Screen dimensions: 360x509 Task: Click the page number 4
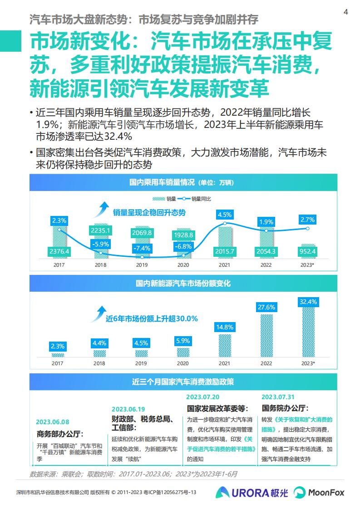tap(346, 12)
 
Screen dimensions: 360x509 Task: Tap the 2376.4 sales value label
tap(59, 252)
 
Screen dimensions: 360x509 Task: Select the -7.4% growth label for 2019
tap(142, 248)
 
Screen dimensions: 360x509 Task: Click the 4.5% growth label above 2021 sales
tap(225, 215)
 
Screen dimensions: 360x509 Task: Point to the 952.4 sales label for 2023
tap(307, 252)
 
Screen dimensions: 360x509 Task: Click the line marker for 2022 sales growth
tap(266, 230)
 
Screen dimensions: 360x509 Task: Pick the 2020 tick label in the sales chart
tap(183, 265)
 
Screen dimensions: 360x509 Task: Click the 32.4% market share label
tap(308, 302)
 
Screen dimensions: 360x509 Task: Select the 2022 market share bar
tap(266, 335)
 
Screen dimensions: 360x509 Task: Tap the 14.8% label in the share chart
tap(225, 327)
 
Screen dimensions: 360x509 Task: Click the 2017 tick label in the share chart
tap(58, 363)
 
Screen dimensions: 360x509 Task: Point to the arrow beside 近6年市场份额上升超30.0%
tap(99, 314)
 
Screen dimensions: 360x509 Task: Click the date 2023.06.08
tap(53, 422)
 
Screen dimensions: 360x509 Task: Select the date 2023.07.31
tap(278, 397)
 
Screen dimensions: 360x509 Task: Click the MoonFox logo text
tap(326, 493)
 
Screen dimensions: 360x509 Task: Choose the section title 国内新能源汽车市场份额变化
tap(183, 284)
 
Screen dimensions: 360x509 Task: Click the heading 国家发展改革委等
tap(217, 409)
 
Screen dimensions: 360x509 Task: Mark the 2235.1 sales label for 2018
tap(101, 230)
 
